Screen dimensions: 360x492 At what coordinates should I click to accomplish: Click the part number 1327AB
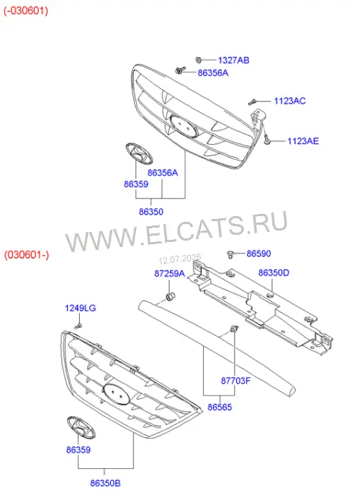point(233,61)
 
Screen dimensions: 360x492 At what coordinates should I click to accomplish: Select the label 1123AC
point(289,101)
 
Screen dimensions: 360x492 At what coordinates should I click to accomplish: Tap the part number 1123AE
point(303,141)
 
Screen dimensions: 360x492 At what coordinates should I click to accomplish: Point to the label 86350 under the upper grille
point(151,212)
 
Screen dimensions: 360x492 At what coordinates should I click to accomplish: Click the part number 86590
point(258,254)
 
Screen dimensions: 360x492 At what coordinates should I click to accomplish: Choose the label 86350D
point(274,273)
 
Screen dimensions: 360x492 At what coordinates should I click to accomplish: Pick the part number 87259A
point(170,274)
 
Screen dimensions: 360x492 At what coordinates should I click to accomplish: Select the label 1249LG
point(80,308)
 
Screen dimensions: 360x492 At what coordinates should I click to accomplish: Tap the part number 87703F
point(236,381)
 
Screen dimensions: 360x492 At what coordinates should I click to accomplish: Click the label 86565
point(220,407)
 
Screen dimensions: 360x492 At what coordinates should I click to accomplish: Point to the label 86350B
point(105,483)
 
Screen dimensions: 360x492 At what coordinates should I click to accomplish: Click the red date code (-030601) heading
point(26,11)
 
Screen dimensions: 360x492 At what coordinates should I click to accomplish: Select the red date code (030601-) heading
point(27,254)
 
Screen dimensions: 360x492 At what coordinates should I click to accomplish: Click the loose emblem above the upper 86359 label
point(139,153)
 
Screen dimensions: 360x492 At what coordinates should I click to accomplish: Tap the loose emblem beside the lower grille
point(81,427)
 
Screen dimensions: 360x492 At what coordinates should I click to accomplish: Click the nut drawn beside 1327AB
point(198,60)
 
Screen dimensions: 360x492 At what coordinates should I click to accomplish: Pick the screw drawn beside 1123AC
point(253,102)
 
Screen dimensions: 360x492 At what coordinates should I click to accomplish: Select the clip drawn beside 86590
point(231,254)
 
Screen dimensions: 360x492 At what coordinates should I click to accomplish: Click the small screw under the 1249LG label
point(78,326)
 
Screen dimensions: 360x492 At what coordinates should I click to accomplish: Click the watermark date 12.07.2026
point(180,259)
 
